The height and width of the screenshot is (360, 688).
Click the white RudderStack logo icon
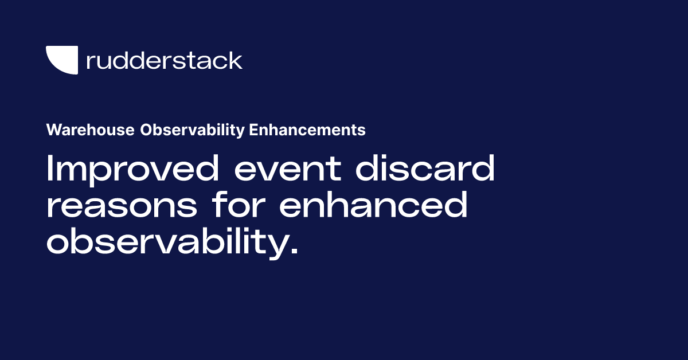tap(61, 60)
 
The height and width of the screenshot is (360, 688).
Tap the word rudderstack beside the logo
tap(164, 60)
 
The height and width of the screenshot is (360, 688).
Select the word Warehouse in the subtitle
tap(91, 130)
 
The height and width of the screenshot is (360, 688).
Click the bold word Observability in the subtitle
tap(193, 130)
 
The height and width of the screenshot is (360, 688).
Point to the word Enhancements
tap(307, 130)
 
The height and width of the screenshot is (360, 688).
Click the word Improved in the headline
tap(135, 170)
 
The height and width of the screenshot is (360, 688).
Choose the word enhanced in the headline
tap(373, 205)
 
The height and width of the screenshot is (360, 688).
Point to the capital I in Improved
tap(50, 170)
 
